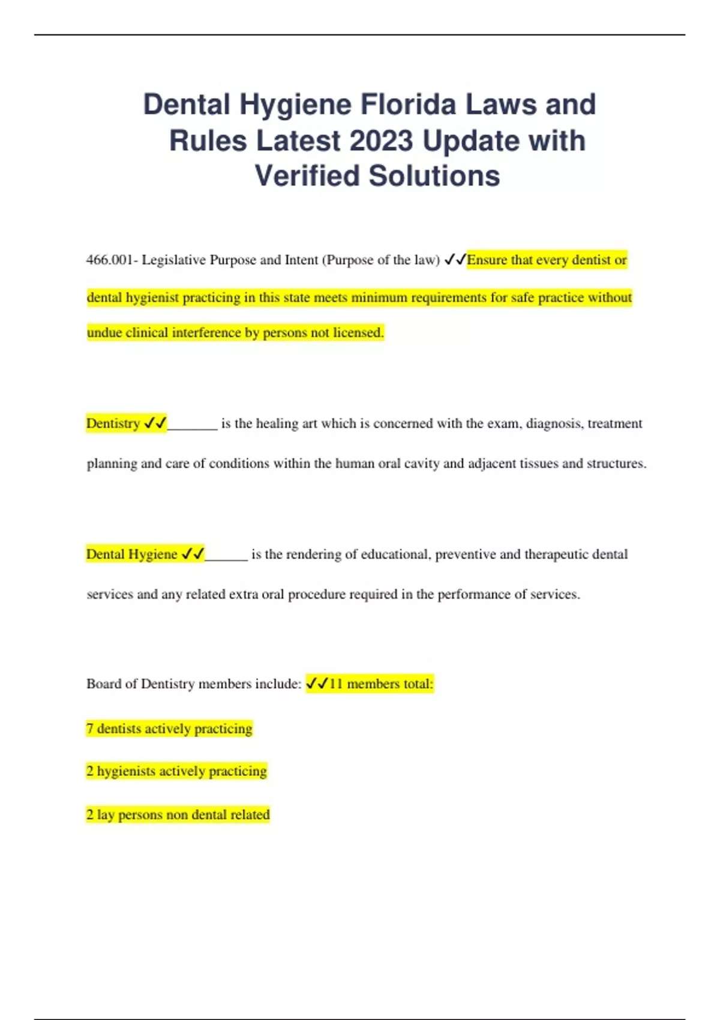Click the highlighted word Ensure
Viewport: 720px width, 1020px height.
(487, 260)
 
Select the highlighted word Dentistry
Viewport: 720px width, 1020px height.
(113, 424)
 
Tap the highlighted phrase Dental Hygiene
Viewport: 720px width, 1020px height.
(132, 554)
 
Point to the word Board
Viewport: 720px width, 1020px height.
(103, 684)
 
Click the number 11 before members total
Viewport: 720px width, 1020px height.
(336, 684)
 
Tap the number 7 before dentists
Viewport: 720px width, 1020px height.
(90, 728)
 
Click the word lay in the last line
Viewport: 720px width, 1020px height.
(106, 815)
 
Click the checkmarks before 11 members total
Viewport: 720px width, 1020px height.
(317, 683)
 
